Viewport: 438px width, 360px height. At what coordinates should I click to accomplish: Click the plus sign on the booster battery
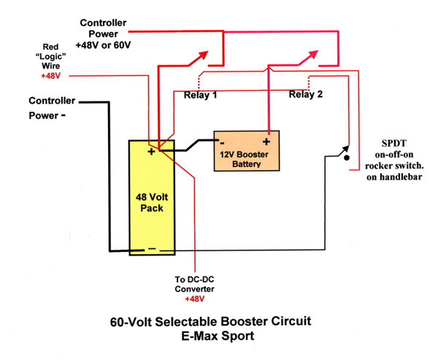tap(267, 143)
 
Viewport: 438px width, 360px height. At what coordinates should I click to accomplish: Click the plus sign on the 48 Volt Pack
tap(150, 152)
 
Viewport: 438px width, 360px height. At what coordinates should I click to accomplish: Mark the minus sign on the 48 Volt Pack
tap(151, 248)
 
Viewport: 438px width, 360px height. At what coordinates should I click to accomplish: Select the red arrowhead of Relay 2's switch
tap(315, 53)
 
